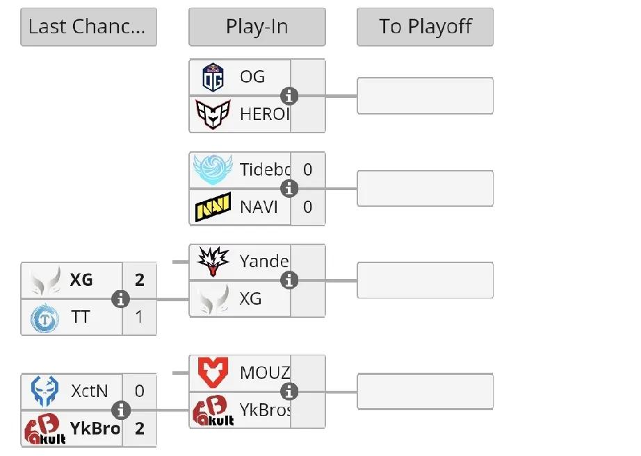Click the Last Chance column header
click(x=88, y=27)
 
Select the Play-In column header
click(x=257, y=27)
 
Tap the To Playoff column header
click(x=425, y=27)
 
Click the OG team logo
click(x=213, y=77)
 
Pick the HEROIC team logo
click(x=213, y=114)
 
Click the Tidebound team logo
click(x=213, y=169)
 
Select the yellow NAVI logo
click(x=213, y=207)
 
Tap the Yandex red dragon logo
click(x=213, y=262)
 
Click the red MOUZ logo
click(x=213, y=373)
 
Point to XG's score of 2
click(x=140, y=280)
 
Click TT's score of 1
click(x=140, y=317)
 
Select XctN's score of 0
click(x=140, y=391)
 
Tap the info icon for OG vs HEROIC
click(x=289, y=96)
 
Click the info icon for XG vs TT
click(x=121, y=299)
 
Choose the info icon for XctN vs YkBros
click(x=121, y=410)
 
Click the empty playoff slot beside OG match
click(x=425, y=96)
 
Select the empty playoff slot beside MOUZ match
click(x=425, y=391)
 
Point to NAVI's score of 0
click(x=307, y=207)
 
